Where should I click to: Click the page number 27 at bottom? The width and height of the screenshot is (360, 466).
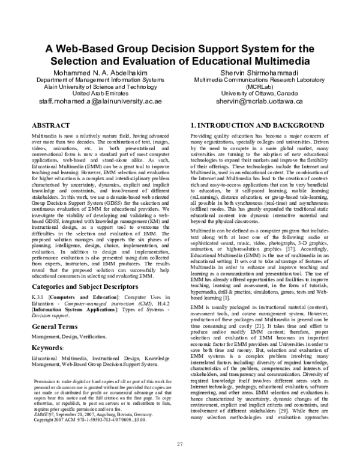pos(179,444)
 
